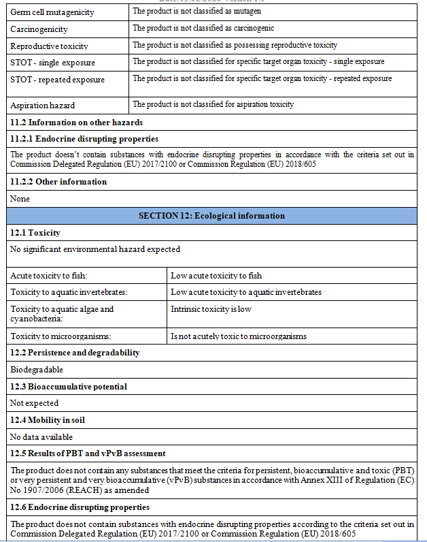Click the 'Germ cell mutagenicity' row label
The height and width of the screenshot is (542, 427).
(52, 12)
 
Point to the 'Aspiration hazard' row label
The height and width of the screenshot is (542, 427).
(42, 106)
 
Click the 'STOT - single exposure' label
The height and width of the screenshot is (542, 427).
(52, 63)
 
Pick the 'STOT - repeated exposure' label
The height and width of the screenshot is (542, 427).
(57, 80)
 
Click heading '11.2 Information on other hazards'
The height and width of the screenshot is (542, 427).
(76, 123)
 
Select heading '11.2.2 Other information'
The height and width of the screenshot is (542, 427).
(58, 182)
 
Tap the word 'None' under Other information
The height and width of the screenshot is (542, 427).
(20, 199)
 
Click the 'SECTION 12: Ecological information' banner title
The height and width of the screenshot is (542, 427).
(211, 216)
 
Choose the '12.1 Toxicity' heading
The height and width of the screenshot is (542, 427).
(35, 233)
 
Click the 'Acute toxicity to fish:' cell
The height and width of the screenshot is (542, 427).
(49, 276)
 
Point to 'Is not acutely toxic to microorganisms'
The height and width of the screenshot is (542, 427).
(239, 336)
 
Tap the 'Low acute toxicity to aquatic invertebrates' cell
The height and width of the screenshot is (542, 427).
(246, 292)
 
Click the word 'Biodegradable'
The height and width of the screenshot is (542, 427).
(37, 370)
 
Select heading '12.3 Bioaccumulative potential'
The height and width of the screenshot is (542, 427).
(69, 387)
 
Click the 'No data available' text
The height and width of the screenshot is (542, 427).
(41, 437)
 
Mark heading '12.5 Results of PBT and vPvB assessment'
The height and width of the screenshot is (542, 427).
(88, 453)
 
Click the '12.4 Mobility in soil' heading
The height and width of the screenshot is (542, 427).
(51, 420)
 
